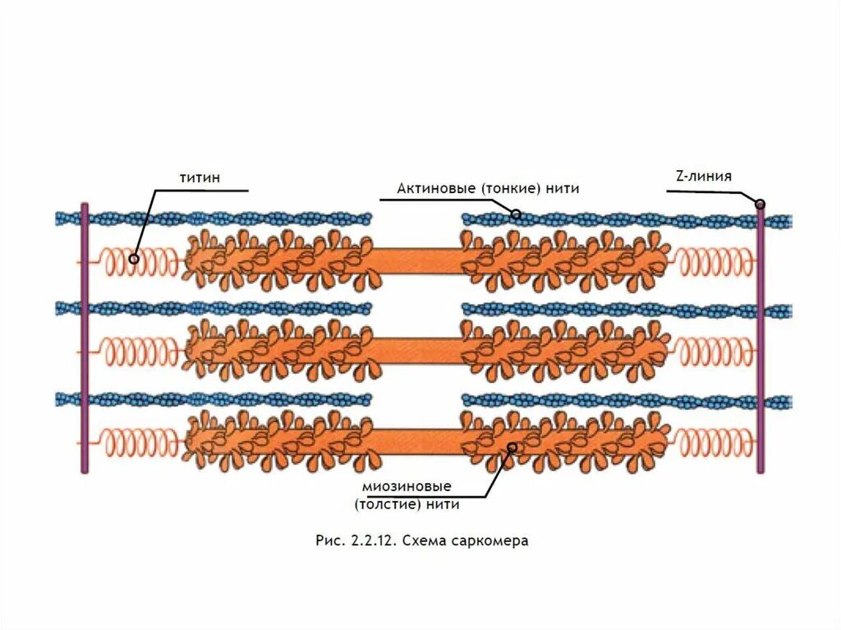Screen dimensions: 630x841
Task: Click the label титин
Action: point(200,177)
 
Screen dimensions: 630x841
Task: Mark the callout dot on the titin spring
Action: point(133,258)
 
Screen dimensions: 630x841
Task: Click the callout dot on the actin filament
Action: point(516,215)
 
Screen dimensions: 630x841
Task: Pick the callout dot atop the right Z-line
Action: point(761,204)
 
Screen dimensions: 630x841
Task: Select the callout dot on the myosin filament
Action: point(512,448)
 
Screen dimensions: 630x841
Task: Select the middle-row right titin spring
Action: point(713,352)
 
